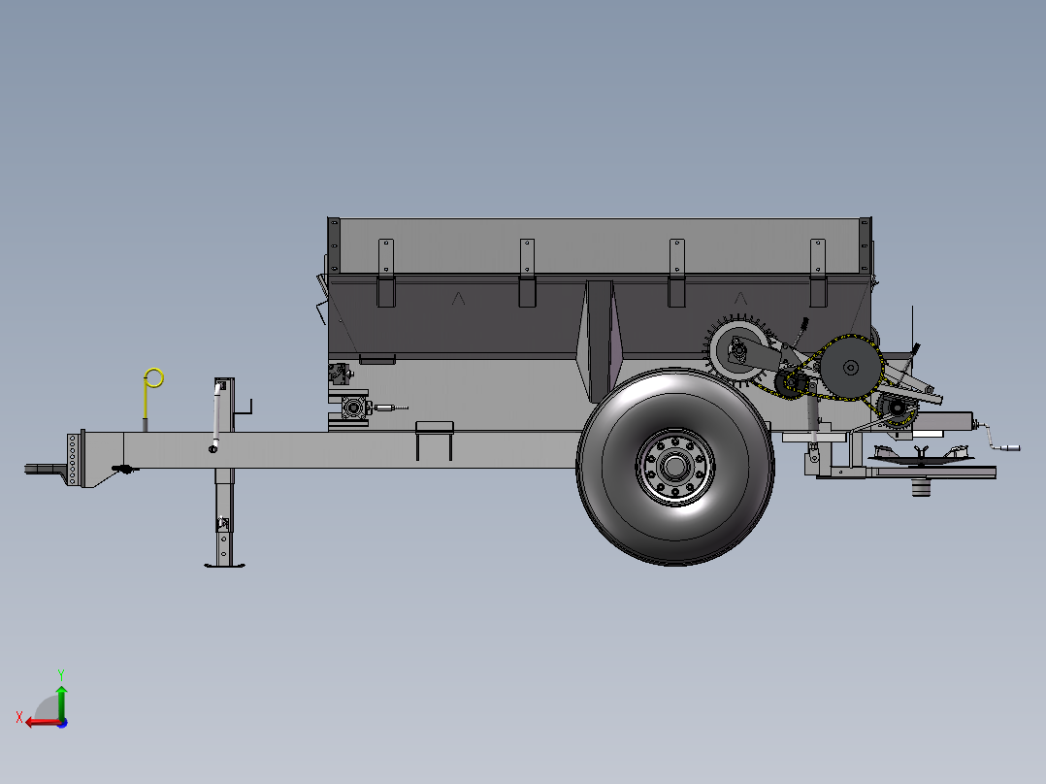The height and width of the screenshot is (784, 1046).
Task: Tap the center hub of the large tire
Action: [x=675, y=467]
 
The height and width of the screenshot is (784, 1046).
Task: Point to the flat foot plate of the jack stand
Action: [x=225, y=565]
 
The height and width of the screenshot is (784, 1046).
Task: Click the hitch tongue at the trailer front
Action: [x=46, y=470]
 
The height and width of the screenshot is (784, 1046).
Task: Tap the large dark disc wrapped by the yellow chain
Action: [x=851, y=367]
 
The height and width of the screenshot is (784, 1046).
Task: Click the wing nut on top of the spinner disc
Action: [x=921, y=453]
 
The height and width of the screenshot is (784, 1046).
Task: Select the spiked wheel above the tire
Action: [x=738, y=351]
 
